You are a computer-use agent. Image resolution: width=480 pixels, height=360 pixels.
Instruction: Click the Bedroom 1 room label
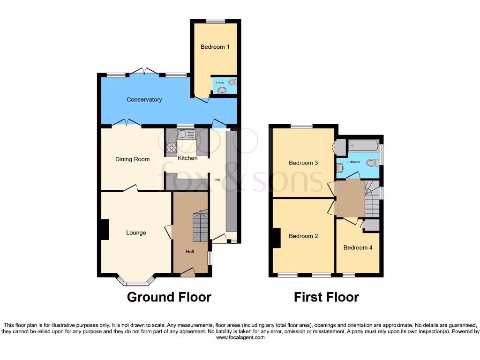(215, 47)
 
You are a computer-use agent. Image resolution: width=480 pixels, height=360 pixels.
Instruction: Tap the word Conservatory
(144, 99)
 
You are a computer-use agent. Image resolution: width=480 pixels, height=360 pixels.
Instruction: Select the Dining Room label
(132, 159)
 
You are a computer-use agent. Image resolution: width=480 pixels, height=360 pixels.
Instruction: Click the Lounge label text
(136, 232)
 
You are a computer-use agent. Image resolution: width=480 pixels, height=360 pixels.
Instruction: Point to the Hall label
(190, 252)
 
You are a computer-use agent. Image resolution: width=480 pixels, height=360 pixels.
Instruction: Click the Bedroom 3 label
(303, 163)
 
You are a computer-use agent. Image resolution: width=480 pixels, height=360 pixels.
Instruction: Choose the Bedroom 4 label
(358, 247)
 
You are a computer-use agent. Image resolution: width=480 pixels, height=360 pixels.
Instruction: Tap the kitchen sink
(190, 134)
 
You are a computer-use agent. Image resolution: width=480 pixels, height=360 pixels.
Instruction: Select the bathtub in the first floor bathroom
(363, 146)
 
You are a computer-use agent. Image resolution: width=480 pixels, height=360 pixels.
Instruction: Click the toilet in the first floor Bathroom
(371, 163)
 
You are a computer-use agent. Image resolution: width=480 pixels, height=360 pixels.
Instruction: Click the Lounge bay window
(136, 283)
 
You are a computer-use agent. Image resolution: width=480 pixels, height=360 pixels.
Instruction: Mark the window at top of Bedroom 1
(215, 21)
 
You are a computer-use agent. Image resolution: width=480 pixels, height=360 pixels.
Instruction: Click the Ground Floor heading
(169, 297)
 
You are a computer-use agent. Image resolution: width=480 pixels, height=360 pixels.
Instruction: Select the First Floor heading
(326, 297)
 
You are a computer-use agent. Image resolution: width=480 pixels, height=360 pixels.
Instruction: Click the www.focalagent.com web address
(240, 337)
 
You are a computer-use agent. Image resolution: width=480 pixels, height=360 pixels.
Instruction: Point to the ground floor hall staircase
(199, 227)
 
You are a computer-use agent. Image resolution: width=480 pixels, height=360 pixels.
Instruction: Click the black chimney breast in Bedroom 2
(277, 238)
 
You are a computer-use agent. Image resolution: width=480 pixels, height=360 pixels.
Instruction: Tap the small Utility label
(217, 179)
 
